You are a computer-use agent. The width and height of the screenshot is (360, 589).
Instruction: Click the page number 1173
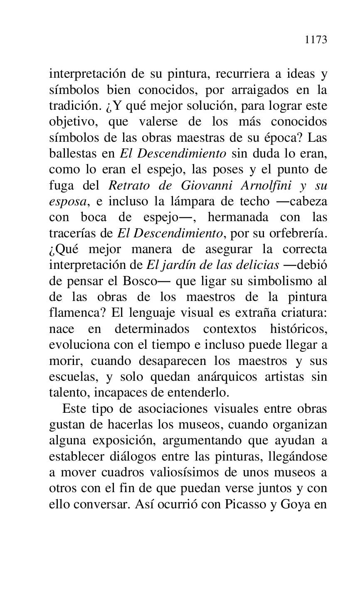coord(316,40)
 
